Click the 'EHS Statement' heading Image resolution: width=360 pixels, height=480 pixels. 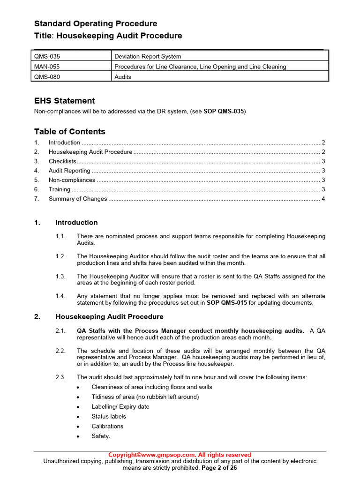[x=64, y=101]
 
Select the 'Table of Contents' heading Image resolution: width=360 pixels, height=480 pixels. [x=69, y=132]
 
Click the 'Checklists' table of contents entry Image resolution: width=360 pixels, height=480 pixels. [x=62, y=161]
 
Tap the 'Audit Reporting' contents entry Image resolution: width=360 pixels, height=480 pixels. [x=69, y=171]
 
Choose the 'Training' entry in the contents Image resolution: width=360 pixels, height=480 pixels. [x=60, y=189]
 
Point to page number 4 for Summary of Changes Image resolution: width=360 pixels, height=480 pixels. [x=323, y=199]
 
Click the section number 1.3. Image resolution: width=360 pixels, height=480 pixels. [x=60, y=277]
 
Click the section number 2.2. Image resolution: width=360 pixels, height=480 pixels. [x=60, y=351]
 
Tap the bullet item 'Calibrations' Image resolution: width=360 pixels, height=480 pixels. [x=107, y=426]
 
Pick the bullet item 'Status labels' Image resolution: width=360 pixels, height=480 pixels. [x=109, y=416]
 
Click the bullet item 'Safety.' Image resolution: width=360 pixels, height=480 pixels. [x=101, y=436]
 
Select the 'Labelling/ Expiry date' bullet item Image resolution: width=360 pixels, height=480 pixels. [x=120, y=406]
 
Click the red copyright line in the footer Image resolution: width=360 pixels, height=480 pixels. [x=180, y=455]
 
